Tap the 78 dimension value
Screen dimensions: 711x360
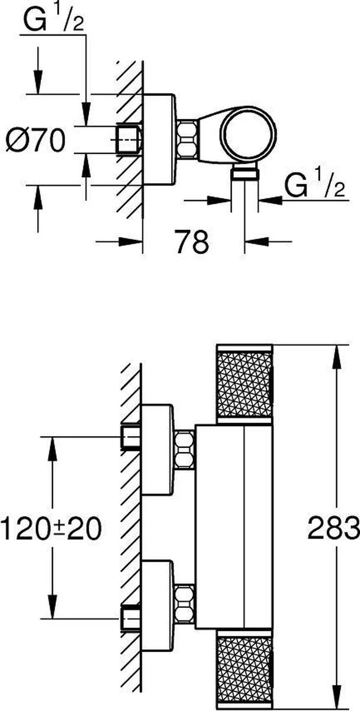pos(192,242)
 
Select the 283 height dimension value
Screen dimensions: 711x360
pos(341,527)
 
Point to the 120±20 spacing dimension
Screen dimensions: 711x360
pos(51,527)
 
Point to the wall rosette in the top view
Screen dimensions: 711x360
pos(159,140)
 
